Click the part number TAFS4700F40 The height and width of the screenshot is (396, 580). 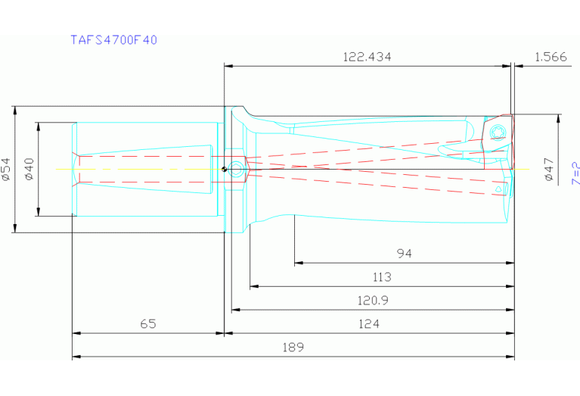coord(113,39)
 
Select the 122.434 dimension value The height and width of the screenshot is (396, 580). coord(368,57)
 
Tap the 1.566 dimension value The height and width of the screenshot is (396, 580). coord(550,57)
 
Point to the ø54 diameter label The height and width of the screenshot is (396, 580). coord(6,169)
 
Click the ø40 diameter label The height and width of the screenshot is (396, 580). coord(29,169)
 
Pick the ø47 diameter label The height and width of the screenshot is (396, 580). coord(549,169)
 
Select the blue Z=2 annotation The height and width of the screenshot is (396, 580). coord(575,173)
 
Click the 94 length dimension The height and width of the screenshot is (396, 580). coord(405,254)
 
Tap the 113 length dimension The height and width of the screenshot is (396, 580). coord(382,277)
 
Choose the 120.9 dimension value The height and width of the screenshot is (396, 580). coord(373,301)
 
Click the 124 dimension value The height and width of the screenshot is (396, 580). coord(368,323)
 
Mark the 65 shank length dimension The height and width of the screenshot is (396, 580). coord(148,323)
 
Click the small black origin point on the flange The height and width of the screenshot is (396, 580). coord(224,169)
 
